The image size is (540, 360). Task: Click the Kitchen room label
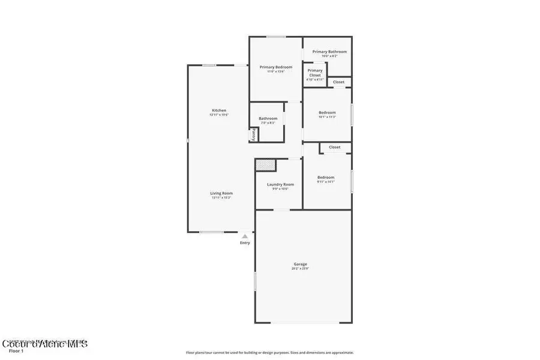coord(219,110)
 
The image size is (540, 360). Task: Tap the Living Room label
coord(221,193)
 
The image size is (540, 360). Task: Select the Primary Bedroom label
coord(275,67)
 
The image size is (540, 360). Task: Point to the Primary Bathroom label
coord(329,52)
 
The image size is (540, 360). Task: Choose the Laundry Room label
coord(280,184)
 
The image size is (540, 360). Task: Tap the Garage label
coord(300,264)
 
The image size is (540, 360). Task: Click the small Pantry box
coord(254,136)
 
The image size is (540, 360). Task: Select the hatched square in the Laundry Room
coord(265,164)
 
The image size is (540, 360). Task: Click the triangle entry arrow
coord(245,236)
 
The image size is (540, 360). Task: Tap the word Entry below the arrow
coord(245,243)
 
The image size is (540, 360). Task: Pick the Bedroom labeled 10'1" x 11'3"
coord(327,113)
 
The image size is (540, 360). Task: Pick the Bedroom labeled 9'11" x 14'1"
coord(326,178)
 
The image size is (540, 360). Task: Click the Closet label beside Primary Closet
coord(338,82)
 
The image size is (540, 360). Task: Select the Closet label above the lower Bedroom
coord(334,147)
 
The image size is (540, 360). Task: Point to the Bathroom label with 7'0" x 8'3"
coord(268,119)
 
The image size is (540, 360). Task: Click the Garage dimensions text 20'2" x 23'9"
coord(300,268)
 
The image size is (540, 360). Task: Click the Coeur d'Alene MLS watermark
coord(45,344)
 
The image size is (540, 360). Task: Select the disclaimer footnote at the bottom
coord(269,353)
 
